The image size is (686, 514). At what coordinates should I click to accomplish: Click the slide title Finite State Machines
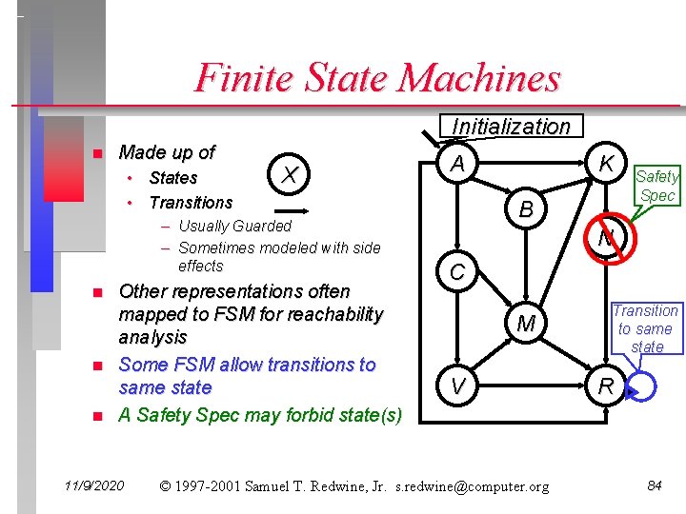click(377, 77)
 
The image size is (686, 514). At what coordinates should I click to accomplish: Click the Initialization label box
click(511, 127)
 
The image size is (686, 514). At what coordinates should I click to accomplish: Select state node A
click(458, 165)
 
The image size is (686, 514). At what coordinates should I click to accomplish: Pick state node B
click(526, 209)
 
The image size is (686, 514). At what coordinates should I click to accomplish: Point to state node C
click(458, 272)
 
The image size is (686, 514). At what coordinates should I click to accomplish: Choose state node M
click(526, 326)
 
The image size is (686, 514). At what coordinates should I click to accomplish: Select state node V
click(458, 385)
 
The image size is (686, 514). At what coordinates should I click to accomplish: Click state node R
click(605, 385)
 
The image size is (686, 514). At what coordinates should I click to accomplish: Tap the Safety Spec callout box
click(656, 186)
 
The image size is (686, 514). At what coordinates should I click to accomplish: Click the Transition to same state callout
click(646, 328)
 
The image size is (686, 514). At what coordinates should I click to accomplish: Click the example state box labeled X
click(293, 173)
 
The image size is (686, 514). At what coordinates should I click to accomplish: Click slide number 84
click(655, 486)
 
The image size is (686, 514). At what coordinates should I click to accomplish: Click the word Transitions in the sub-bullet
click(191, 202)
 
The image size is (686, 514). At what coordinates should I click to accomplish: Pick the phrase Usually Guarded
click(234, 226)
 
